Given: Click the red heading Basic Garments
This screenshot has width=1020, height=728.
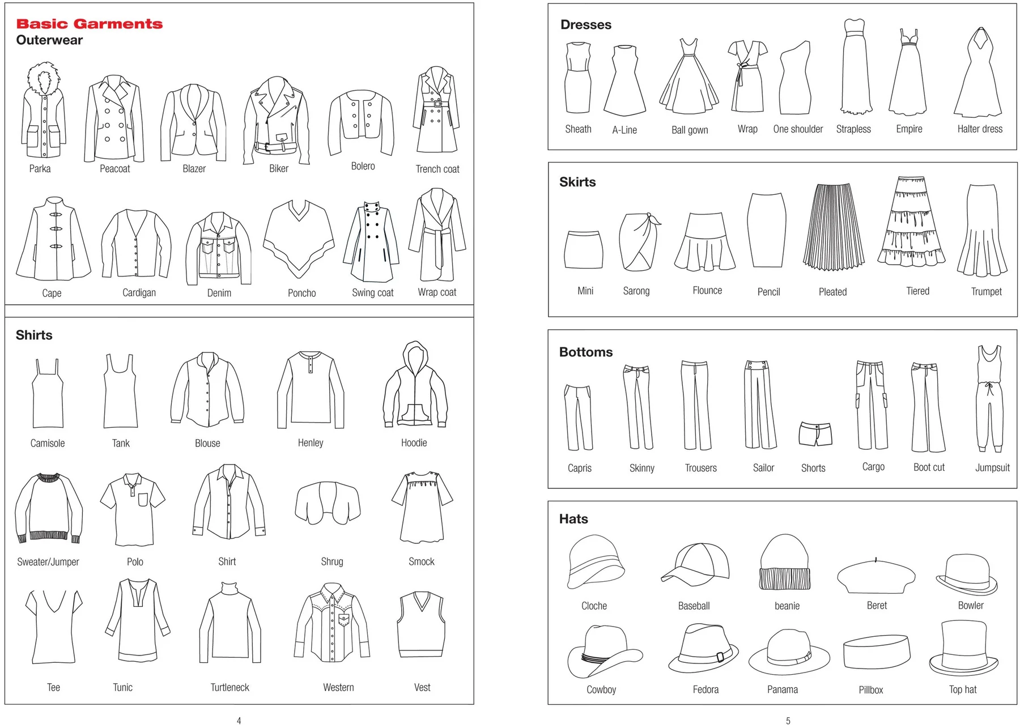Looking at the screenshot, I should click(89, 24).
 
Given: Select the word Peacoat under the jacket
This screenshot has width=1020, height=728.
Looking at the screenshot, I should click(114, 169).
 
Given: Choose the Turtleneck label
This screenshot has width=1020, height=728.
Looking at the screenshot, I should click(229, 687).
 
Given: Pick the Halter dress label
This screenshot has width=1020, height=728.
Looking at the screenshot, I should click(980, 129).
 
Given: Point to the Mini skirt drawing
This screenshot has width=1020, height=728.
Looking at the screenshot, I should click(584, 249).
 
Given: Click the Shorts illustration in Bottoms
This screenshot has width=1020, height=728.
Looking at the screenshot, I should click(815, 433).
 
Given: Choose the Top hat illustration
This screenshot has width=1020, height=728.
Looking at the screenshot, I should click(963, 649).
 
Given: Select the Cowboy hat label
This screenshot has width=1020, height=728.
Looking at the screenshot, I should click(601, 689).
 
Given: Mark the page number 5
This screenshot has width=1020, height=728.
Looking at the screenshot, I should click(788, 721).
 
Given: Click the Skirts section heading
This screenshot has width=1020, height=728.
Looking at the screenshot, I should click(577, 182).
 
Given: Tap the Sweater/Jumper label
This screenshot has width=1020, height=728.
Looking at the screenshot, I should click(48, 562).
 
